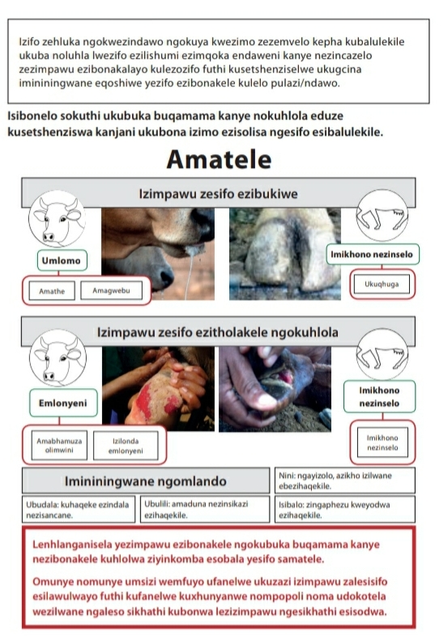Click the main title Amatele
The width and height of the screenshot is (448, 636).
point(219,159)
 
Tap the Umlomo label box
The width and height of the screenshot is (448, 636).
point(62,261)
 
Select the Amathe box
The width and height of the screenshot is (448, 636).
point(52,290)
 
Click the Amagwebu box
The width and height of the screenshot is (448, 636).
point(111,290)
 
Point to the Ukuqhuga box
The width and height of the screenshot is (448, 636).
point(382,284)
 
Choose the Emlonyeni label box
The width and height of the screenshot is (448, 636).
point(63,403)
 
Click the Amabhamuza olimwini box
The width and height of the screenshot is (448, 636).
point(59,445)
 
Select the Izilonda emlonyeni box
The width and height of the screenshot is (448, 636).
point(126,445)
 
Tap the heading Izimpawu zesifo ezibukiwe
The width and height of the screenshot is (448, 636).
point(219,193)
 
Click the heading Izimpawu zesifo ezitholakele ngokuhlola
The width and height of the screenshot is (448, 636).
point(218,333)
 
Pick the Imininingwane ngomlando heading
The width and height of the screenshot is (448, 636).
point(146,481)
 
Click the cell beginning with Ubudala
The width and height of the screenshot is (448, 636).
point(79,510)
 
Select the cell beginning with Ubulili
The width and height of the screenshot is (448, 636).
point(205,510)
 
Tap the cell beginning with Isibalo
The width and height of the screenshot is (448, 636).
point(345,510)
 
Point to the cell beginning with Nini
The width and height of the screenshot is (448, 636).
point(345,481)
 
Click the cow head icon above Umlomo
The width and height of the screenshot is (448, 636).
point(58,218)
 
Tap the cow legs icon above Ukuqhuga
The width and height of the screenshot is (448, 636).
point(382,215)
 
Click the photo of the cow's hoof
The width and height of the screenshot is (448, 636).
point(285,254)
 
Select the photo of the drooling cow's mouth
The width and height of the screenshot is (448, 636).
point(158,254)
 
